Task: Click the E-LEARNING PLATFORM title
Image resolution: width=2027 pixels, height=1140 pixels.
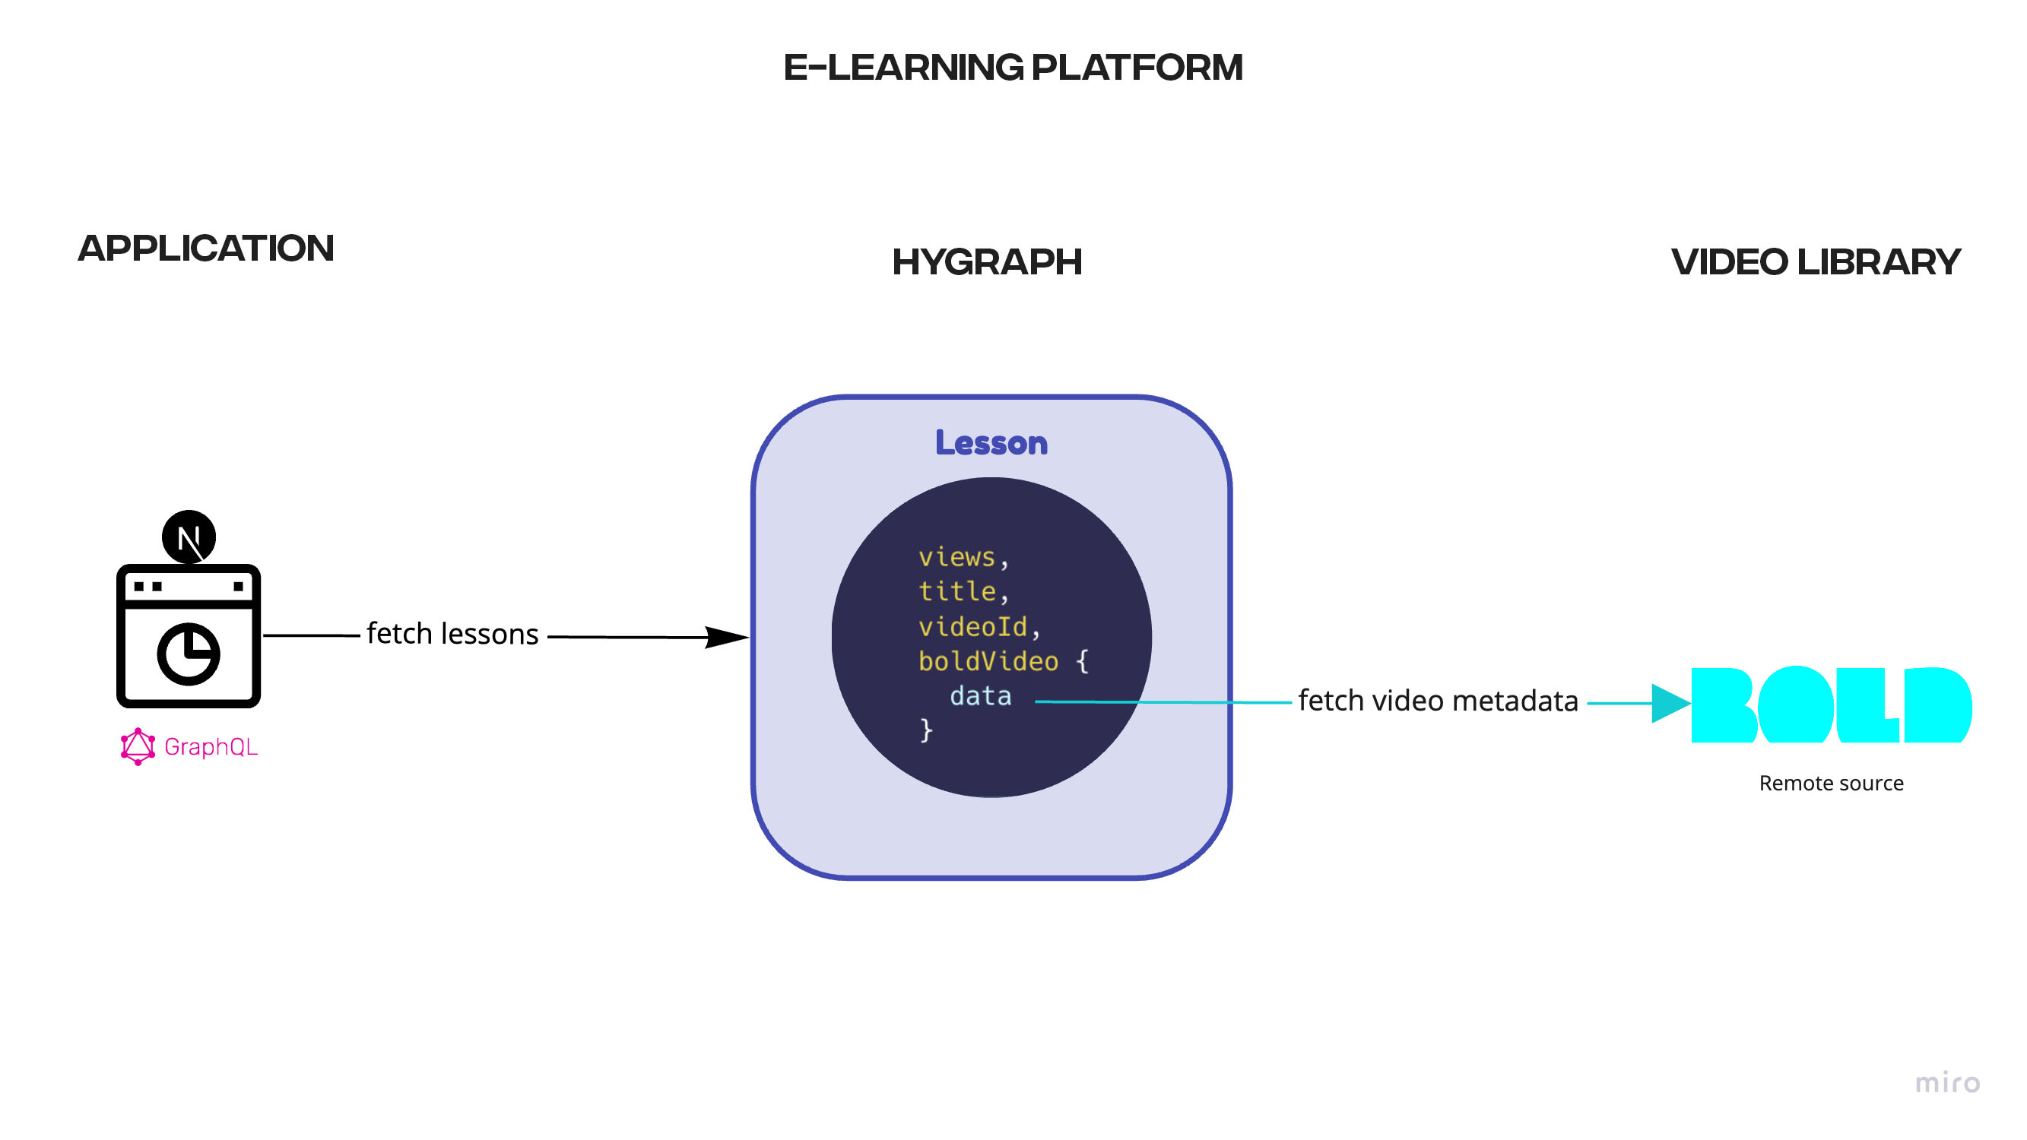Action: click(x=1013, y=68)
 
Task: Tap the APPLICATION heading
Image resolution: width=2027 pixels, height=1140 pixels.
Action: click(x=205, y=249)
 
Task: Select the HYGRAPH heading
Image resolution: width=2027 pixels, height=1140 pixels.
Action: click(x=987, y=262)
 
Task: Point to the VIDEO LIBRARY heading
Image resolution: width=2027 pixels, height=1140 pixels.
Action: click(x=1815, y=262)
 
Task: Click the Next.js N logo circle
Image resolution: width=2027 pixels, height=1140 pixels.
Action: click(x=189, y=537)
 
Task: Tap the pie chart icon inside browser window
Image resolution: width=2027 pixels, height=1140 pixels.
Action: click(x=189, y=654)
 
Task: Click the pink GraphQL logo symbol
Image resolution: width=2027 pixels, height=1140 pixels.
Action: click(x=138, y=746)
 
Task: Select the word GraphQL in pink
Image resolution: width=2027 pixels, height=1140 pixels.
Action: click(x=211, y=746)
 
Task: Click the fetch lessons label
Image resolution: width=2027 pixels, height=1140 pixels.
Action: click(x=452, y=634)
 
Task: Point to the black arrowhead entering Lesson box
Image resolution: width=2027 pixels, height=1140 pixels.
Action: click(x=725, y=638)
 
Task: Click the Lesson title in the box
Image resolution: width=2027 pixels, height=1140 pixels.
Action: click(x=991, y=443)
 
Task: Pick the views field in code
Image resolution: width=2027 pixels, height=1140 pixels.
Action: click(x=956, y=557)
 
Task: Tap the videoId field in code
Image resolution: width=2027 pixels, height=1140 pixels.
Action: click(x=972, y=626)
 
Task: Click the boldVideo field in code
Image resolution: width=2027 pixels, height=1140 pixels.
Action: click(x=988, y=661)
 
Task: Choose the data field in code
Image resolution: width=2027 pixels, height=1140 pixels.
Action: click(x=981, y=696)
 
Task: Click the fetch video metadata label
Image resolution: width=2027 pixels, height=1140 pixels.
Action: click(x=1438, y=700)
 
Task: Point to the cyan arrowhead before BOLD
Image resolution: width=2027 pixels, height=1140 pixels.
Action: click(x=1670, y=703)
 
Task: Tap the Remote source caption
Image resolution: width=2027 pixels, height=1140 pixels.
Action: click(x=1831, y=784)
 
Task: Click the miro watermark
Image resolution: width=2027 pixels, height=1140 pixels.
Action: click(x=1946, y=1083)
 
